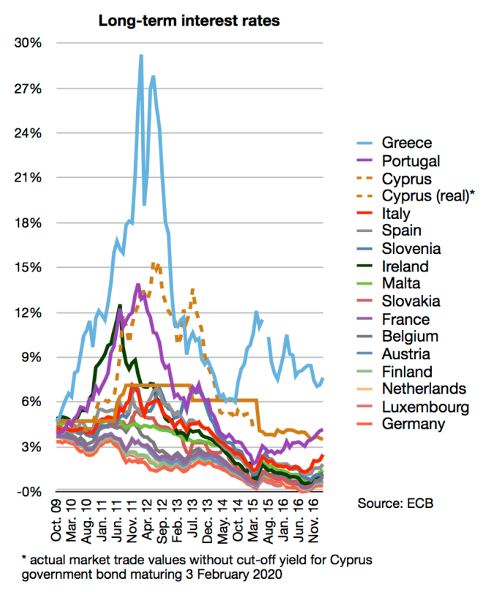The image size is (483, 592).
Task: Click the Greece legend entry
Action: point(407,143)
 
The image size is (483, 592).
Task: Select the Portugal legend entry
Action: point(413,160)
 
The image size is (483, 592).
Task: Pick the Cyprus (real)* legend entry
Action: point(427,195)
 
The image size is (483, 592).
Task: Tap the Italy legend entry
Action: point(399,214)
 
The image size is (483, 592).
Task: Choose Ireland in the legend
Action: point(405,266)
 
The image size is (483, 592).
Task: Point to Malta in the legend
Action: point(400,284)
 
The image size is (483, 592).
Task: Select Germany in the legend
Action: point(414,424)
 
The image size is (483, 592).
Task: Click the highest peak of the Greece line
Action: point(141,56)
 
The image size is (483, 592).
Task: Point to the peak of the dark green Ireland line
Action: point(119,305)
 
